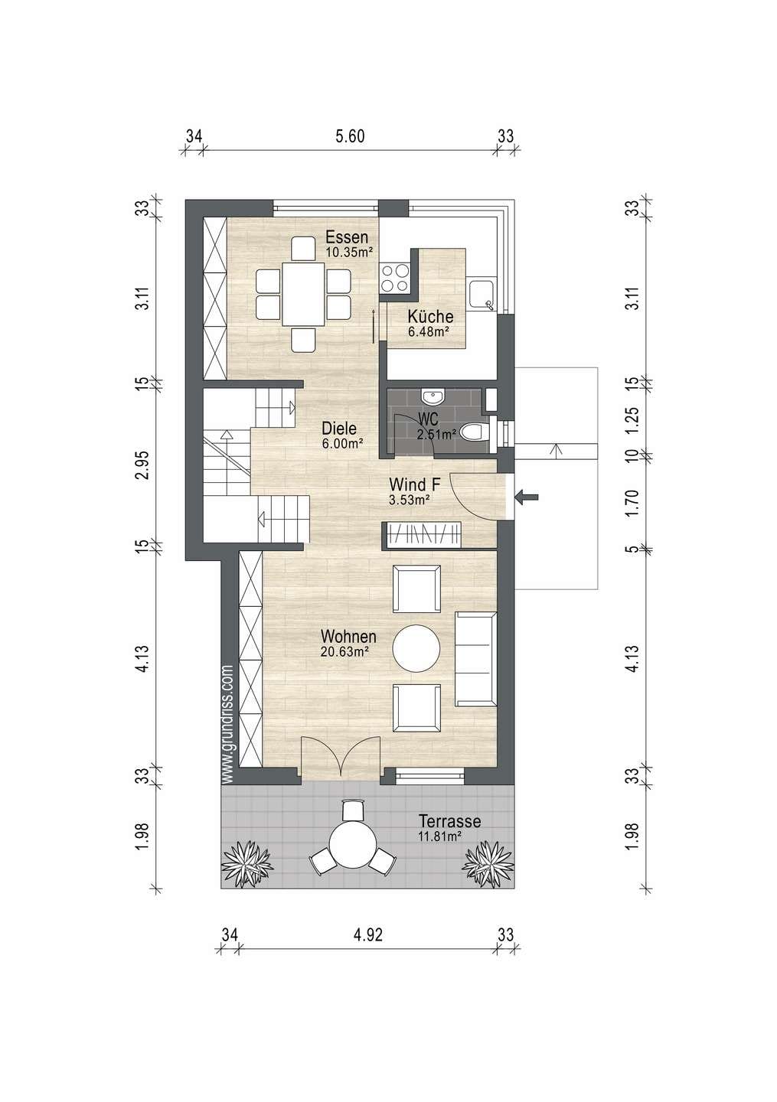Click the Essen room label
347,237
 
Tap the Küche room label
430,316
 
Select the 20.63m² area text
345,650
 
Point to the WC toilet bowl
476,432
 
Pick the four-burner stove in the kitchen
395,278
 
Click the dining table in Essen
303,294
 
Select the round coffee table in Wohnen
416,648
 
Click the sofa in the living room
475,659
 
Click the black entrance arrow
526,497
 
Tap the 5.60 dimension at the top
350,136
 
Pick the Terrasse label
449,821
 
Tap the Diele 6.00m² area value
342,443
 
